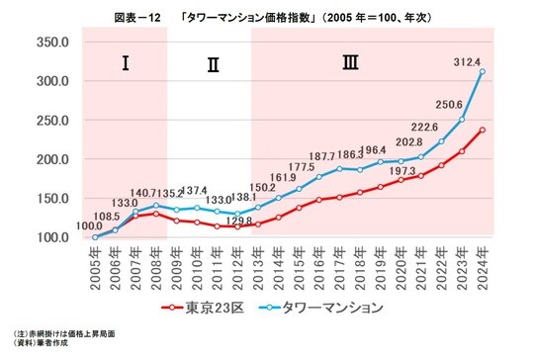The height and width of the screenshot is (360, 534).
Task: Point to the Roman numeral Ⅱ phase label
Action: tap(212, 66)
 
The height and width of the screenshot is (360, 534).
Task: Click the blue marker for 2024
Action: tap(483, 72)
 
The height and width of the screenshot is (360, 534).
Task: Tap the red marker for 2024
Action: tap(483, 130)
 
